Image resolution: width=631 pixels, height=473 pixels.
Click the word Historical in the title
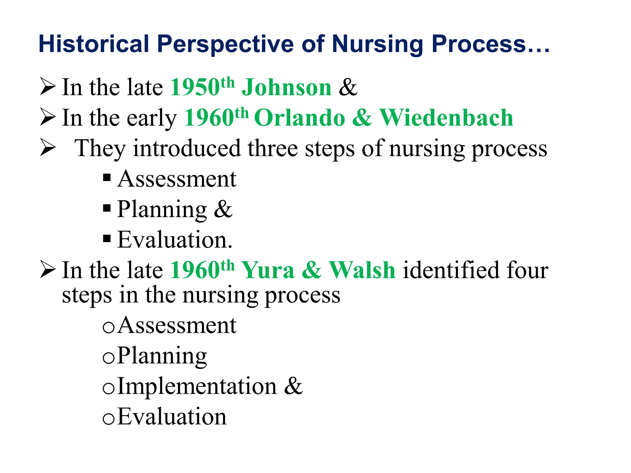click(94, 44)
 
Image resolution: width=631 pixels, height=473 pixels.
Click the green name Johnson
click(287, 87)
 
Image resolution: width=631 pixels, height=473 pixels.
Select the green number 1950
click(195, 87)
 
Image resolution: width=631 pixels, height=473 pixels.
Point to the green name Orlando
click(299, 118)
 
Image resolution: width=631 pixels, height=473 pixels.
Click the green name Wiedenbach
click(446, 118)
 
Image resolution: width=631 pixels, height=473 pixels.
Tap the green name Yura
click(268, 270)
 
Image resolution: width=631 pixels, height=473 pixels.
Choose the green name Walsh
click(362, 270)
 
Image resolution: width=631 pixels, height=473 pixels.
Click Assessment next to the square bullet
click(177, 179)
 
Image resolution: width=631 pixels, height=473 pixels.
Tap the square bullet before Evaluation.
click(107, 239)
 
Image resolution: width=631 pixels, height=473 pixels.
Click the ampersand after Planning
click(223, 209)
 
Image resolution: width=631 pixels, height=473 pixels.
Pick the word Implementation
click(197, 386)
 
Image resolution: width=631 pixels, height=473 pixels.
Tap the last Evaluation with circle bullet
click(172, 417)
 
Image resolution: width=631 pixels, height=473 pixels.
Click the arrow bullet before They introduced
click(48, 148)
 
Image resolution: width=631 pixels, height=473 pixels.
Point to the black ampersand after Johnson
click(348, 87)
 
